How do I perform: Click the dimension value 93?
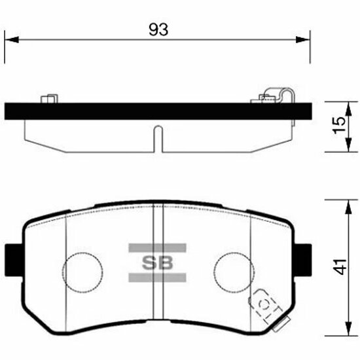click(158, 29)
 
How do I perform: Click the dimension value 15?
click(340, 126)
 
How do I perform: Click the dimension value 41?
click(340, 267)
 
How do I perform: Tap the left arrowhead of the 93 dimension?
click(12, 39)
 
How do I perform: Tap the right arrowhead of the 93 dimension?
click(303, 39)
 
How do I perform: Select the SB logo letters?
click(157, 263)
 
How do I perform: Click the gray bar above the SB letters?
click(157, 248)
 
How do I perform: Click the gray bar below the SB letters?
click(157, 278)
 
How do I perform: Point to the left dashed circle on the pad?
click(82, 253)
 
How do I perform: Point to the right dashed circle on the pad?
click(234, 253)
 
